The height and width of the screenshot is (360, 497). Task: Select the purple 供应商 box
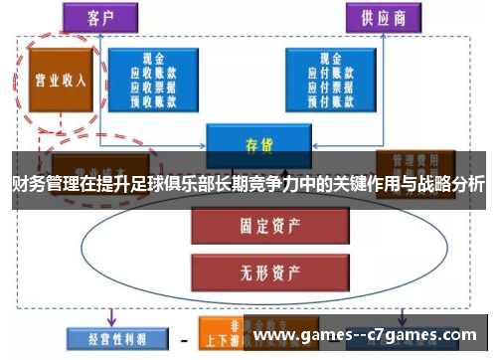pos(382,18)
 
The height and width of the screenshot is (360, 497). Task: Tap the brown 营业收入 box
pos(55,79)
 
